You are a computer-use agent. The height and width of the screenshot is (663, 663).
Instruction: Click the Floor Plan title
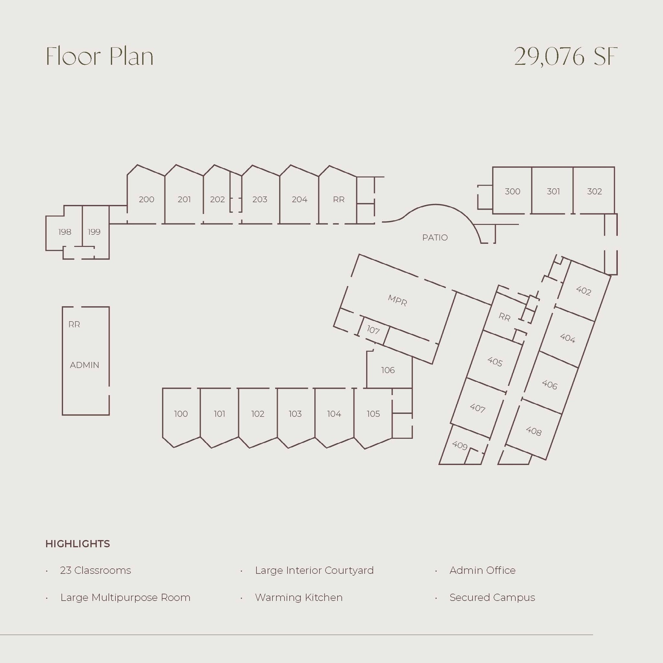[x=99, y=57]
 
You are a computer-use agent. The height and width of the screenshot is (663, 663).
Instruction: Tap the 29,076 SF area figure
[x=565, y=57]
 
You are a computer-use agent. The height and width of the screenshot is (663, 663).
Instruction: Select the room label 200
[x=147, y=199]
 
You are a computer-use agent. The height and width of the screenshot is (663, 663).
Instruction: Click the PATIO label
[x=435, y=238]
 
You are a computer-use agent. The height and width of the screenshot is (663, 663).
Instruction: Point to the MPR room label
[x=398, y=301]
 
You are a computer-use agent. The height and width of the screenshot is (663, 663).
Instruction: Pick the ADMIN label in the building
[x=84, y=365]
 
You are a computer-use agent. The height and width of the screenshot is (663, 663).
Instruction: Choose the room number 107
[x=373, y=330]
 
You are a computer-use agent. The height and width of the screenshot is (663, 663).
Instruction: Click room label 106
[x=388, y=370]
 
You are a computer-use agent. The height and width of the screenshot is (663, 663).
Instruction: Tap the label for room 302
[x=594, y=192]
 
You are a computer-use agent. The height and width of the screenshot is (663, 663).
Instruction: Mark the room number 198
[x=64, y=232]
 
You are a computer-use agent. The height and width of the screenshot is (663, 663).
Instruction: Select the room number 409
[x=460, y=445]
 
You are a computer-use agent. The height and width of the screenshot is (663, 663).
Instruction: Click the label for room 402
[x=583, y=291]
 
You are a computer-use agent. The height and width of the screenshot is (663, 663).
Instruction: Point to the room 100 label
[x=181, y=414]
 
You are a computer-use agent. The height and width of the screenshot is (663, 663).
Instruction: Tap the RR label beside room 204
[x=339, y=199]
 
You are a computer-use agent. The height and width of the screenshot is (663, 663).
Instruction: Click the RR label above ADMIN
[x=74, y=325]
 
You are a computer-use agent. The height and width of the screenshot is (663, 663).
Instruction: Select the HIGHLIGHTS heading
[x=78, y=544]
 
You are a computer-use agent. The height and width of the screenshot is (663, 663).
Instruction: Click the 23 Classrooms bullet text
[x=96, y=570]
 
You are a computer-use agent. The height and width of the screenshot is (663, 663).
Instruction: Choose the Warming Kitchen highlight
[x=298, y=598]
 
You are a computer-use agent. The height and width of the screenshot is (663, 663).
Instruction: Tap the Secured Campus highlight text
[x=492, y=598]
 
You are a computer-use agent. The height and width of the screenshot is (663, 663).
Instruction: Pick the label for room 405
[x=495, y=362]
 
